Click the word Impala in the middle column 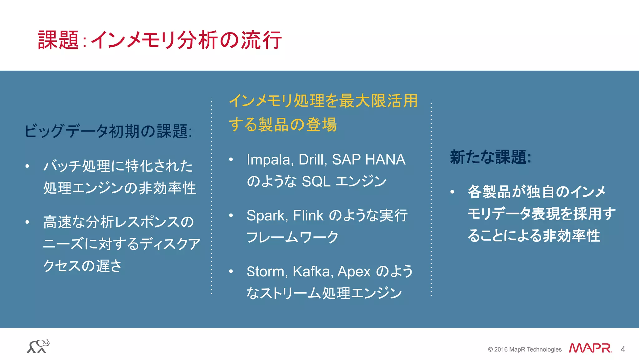pos(269,160)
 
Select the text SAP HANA pos(368,160)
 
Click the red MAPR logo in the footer pos(590,348)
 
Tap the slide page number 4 pos(623,349)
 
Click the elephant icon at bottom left pos(38,346)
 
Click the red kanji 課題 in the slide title pos(58,40)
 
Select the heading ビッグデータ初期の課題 pos(108,131)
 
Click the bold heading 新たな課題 pos(490,157)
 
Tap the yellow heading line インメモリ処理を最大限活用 pos(323,101)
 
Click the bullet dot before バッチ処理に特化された pos(27,166)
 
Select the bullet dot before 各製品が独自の pos(452,192)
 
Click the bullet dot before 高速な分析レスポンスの pos(27,222)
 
